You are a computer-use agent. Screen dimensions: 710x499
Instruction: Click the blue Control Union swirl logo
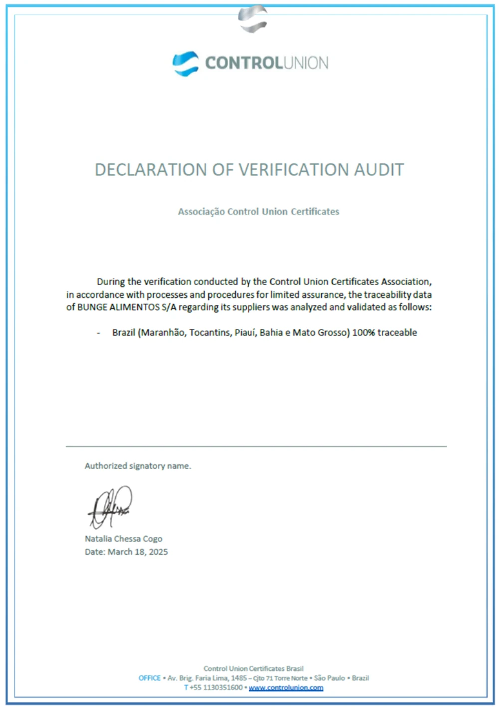point(185,64)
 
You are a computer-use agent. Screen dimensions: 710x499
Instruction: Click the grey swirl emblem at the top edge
point(253,19)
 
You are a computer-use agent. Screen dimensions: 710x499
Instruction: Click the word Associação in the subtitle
point(201,212)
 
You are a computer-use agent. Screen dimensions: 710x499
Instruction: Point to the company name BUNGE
point(92,307)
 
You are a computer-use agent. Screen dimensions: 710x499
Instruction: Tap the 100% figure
point(364,333)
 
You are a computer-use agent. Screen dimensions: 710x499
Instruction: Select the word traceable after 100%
point(397,333)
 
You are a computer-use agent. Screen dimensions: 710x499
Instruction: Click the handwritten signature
point(110,508)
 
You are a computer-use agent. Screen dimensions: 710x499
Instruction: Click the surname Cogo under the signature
point(152,539)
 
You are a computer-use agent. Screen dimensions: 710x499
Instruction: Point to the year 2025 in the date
point(158,552)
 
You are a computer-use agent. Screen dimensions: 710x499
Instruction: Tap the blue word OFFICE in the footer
point(149,678)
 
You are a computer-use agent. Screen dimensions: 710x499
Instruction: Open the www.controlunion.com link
point(286,688)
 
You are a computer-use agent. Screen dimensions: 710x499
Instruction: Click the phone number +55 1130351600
point(216,688)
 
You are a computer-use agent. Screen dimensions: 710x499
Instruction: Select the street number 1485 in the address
point(239,678)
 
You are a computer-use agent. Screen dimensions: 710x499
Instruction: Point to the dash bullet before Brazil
point(99,333)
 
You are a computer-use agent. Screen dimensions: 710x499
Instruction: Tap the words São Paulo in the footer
point(329,678)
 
